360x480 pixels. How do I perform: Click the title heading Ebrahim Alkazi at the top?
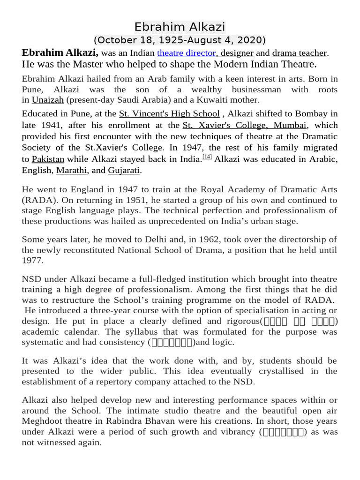click(x=180, y=26)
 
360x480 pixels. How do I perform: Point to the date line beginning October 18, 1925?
click(x=180, y=39)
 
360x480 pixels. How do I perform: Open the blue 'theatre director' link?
click(x=186, y=53)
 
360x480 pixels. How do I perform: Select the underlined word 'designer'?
click(x=238, y=53)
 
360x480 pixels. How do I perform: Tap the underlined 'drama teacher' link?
click(x=299, y=53)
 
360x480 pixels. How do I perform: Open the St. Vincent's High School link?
click(x=169, y=113)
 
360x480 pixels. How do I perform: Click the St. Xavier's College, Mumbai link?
click(x=245, y=125)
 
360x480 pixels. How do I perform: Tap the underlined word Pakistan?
click(x=48, y=159)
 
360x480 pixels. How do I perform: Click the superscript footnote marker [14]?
click(x=207, y=157)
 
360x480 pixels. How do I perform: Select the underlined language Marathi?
click(x=72, y=170)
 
